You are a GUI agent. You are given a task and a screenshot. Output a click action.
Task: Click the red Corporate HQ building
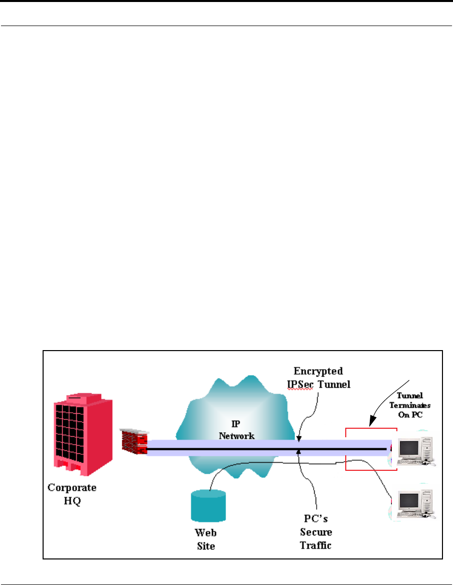pyautogui.click(x=83, y=434)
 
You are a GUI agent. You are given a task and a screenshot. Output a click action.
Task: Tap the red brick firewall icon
pyautogui.click(x=134, y=442)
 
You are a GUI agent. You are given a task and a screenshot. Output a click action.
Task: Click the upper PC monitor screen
pyautogui.click(x=409, y=448)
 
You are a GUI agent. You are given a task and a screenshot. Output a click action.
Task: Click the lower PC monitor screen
pyautogui.click(x=409, y=500)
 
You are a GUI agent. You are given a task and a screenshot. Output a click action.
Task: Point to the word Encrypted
pyautogui.click(x=318, y=372)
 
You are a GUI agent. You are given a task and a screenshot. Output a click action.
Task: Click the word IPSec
pyautogui.click(x=300, y=384)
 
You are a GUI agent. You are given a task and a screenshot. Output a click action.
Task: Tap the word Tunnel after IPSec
pyautogui.click(x=334, y=384)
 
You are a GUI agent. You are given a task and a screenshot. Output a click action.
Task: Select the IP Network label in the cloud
pyautogui.click(x=237, y=430)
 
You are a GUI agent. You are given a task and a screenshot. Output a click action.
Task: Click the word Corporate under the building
pyautogui.click(x=72, y=488)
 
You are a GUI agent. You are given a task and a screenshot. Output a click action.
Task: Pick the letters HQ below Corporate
pyautogui.click(x=72, y=501)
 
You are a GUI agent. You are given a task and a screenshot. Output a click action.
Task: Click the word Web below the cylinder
pyautogui.click(x=205, y=533)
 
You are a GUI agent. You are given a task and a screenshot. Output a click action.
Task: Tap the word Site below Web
pyautogui.click(x=206, y=546)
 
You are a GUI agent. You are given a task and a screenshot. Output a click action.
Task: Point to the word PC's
pyautogui.click(x=316, y=518)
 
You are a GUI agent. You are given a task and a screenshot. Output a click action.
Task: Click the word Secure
pyautogui.click(x=316, y=532)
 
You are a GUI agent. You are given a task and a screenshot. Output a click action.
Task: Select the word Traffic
pyautogui.click(x=316, y=545)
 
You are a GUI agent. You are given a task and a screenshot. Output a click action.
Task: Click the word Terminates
pyautogui.click(x=410, y=405)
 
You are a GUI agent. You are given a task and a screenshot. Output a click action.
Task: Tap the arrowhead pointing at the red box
pyautogui.click(x=372, y=421)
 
